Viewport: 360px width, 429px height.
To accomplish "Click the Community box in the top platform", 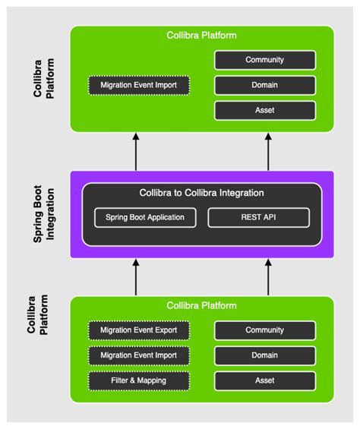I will [265, 60].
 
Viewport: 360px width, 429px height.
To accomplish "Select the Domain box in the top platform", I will [265, 85].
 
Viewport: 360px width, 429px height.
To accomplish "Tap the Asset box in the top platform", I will [265, 110].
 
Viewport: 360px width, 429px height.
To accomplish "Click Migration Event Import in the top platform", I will [139, 85].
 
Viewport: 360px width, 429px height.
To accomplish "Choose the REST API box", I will [259, 218].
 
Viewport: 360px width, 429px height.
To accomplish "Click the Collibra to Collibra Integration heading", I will [201, 193].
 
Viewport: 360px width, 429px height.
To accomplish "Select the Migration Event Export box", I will [139, 330].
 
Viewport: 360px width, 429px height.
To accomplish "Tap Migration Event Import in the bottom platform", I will [139, 355].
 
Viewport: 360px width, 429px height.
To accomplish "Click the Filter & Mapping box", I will [139, 380].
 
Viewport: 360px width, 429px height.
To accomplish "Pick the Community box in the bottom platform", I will [265, 330].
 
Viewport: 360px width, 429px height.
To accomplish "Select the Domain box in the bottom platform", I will [265, 355].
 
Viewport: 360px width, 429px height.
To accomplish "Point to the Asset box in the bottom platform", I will [265, 380].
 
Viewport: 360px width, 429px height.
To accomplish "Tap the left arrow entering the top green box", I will [136, 150].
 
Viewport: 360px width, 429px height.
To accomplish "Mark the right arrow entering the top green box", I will [267, 150].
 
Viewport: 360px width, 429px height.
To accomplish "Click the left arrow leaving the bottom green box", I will [136, 278].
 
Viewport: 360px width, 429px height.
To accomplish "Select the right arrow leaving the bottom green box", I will [267, 278].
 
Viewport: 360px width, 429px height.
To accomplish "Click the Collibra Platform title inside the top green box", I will [201, 36].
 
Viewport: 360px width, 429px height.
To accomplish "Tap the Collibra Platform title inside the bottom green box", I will [201, 306].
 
